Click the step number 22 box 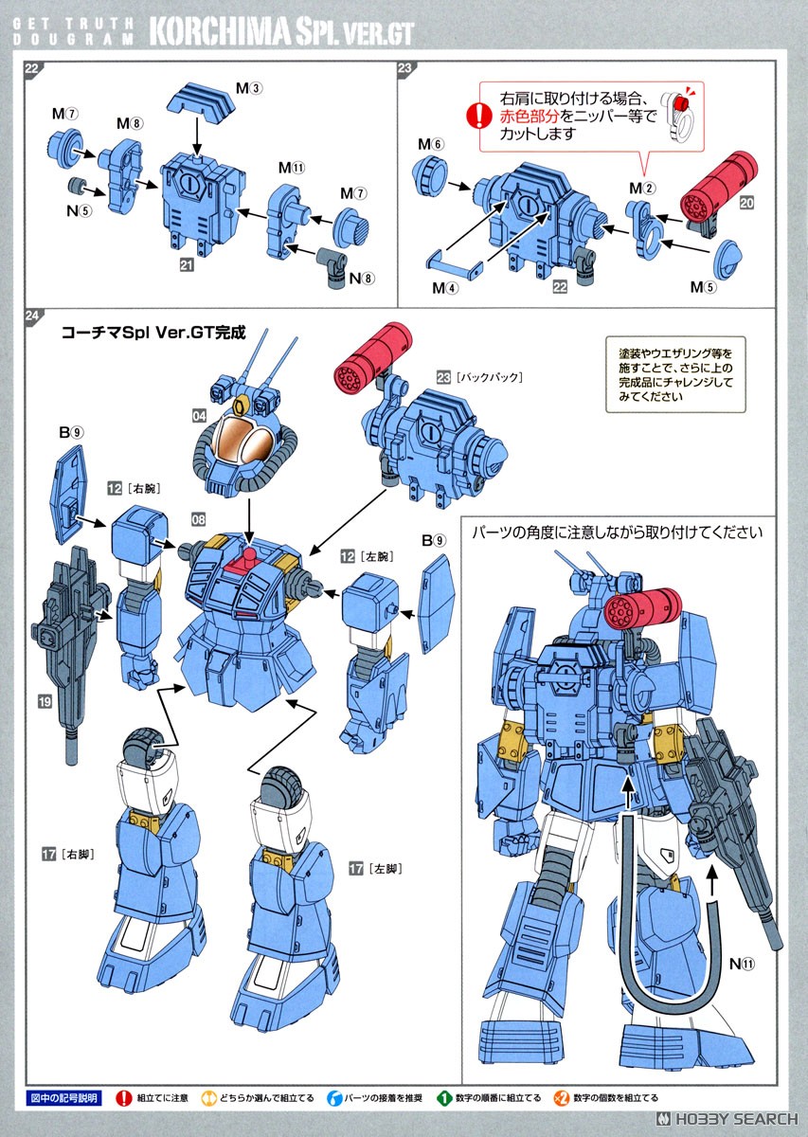pyautogui.click(x=32, y=68)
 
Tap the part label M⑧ pyautogui.click(x=130, y=123)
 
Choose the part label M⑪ pyautogui.click(x=291, y=168)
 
